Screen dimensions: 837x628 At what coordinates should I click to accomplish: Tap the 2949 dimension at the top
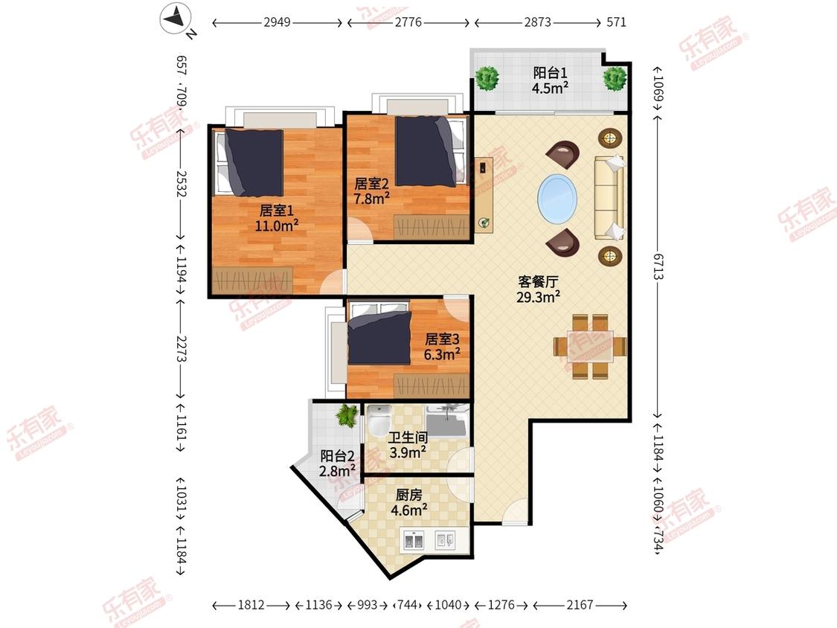click(x=277, y=22)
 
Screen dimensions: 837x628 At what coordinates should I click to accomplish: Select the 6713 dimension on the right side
click(x=658, y=266)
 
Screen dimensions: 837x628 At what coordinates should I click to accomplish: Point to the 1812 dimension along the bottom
click(x=251, y=605)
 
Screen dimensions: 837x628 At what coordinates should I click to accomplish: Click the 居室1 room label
click(x=277, y=211)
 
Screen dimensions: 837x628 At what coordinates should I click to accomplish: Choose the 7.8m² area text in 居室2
click(x=371, y=199)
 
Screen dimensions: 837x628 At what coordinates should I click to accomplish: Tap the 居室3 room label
click(x=442, y=339)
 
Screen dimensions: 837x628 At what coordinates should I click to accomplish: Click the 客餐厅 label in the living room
click(x=538, y=282)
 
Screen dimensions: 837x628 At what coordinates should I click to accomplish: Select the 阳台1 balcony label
click(x=550, y=73)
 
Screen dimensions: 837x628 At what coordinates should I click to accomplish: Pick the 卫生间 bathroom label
click(x=408, y=438)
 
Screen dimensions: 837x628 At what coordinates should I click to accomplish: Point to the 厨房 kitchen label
click(x=409, y=496)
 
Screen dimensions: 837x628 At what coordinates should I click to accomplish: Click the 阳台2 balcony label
click(x=337, y=456)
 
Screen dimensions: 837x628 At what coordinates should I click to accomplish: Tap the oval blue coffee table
click(x=557, y=198)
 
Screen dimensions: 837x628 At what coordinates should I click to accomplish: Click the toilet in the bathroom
click(x=379, y=419)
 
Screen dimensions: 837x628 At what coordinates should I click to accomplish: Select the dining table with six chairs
click(x=590, y=347)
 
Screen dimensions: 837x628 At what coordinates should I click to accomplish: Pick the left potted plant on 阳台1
click(x=487, y=79)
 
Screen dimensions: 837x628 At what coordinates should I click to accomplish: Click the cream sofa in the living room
click(x=609, y=198)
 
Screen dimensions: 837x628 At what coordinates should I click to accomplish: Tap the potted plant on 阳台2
click(x=347, y=415)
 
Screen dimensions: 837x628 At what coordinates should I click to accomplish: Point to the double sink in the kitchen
click(x=414, y=541)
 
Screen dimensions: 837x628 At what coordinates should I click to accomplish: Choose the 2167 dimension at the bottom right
click(x=580, y=605)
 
